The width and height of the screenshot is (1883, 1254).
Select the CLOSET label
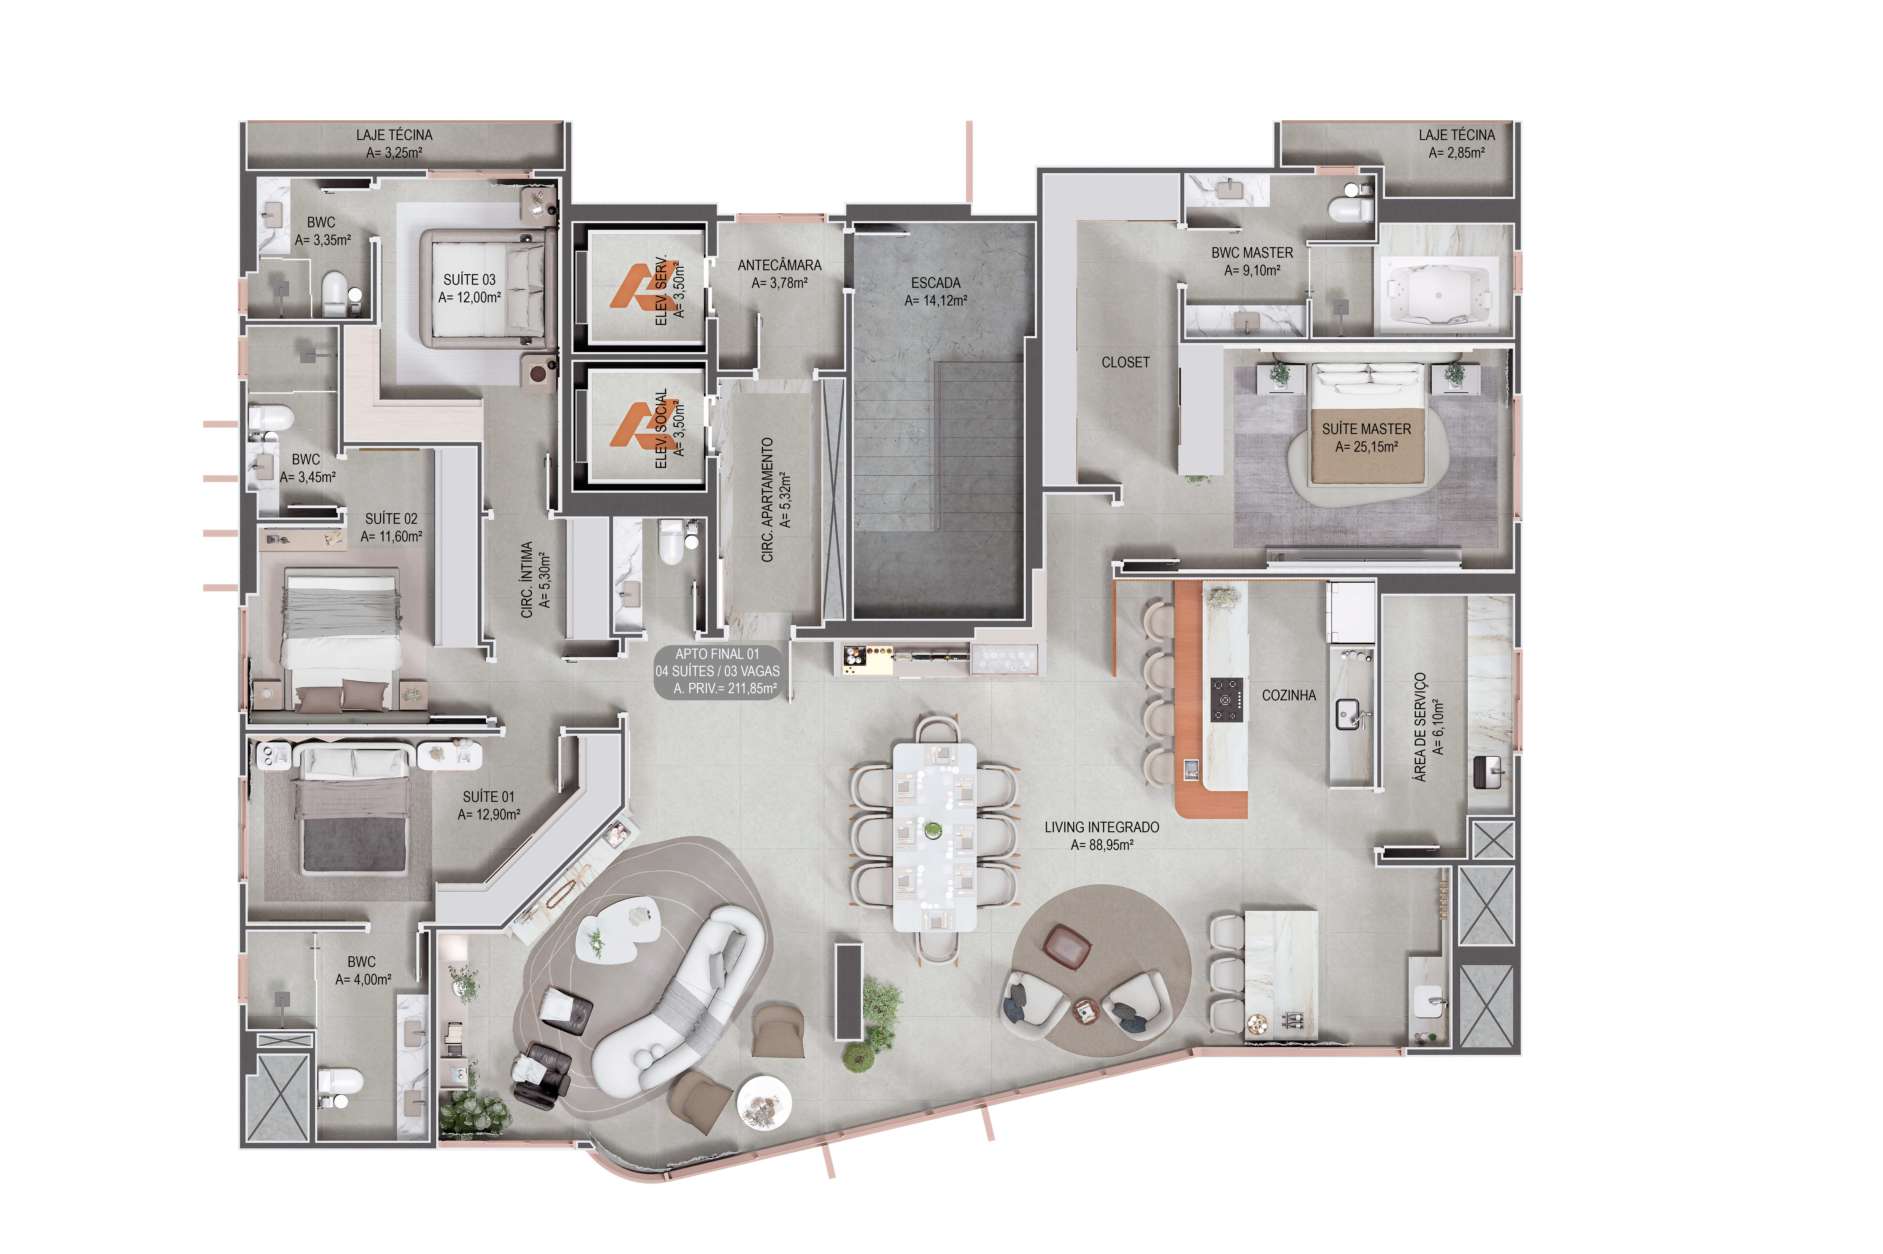1125,362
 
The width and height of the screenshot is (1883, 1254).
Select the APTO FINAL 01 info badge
717,672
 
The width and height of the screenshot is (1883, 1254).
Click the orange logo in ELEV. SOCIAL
637,425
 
